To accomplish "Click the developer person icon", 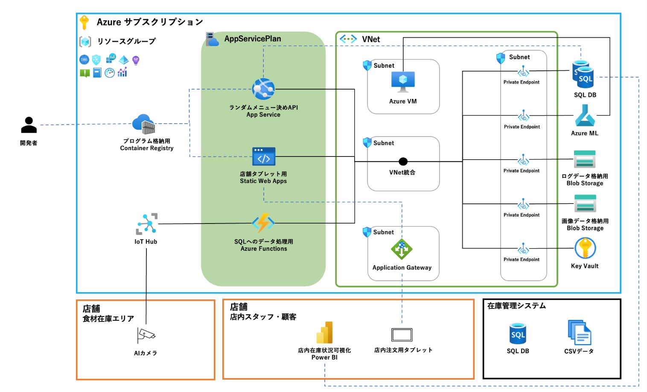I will [x=29, y=125].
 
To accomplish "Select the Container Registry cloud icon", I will [x=143, y=124].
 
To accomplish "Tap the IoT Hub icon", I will [x=146, y=224].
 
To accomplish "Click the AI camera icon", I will [x=146, y=335].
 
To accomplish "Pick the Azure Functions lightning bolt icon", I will [x=263, y=223].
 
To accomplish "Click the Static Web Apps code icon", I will [x=263, y=157].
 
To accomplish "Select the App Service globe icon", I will [x=263, y=89].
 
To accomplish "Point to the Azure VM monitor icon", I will [x=403, y=81].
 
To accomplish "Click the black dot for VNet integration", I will [x=403, y=161].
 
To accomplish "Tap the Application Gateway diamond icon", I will [x=401, y=250].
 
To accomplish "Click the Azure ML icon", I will [x=585, y=116].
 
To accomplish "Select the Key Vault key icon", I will [x=585, y=248].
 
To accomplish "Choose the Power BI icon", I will [x=324, y=333].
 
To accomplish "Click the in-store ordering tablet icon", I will [x=402, y=335].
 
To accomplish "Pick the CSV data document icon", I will [x=579, y=333].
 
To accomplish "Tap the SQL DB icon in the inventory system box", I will [x=518, y=334].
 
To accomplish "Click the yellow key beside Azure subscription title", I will [x=85, y=22].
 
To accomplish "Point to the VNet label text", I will [x=371, y=39].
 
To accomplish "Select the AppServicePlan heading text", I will [x=253, y=39].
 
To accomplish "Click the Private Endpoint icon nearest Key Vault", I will [x=523, y=249].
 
